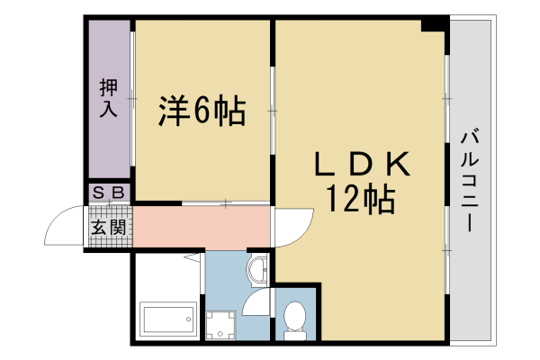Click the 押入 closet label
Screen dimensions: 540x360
[x=109, y=98]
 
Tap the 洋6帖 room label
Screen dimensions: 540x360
[x=202, y=112]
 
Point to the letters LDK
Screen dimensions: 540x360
[x=362, y=164]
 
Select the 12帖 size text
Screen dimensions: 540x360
[x=360, y=199]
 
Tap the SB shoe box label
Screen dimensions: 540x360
[x=109, y=193]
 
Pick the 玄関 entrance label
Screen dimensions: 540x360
[x=109, y=227]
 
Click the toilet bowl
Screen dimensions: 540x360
[x=295, y=314]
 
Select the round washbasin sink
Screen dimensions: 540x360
[x=258, y=270]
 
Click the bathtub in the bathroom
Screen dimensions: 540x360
[x=168, y=319]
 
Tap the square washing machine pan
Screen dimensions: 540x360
[x=220, y=325]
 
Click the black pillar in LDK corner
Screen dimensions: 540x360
[x=435, y=26]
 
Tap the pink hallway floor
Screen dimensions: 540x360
[x=202, y=226]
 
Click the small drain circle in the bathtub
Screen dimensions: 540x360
[x=188, y=319]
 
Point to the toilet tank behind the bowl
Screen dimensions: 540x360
[x=295, y=335]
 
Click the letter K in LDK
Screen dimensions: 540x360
[x=398, y=164]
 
